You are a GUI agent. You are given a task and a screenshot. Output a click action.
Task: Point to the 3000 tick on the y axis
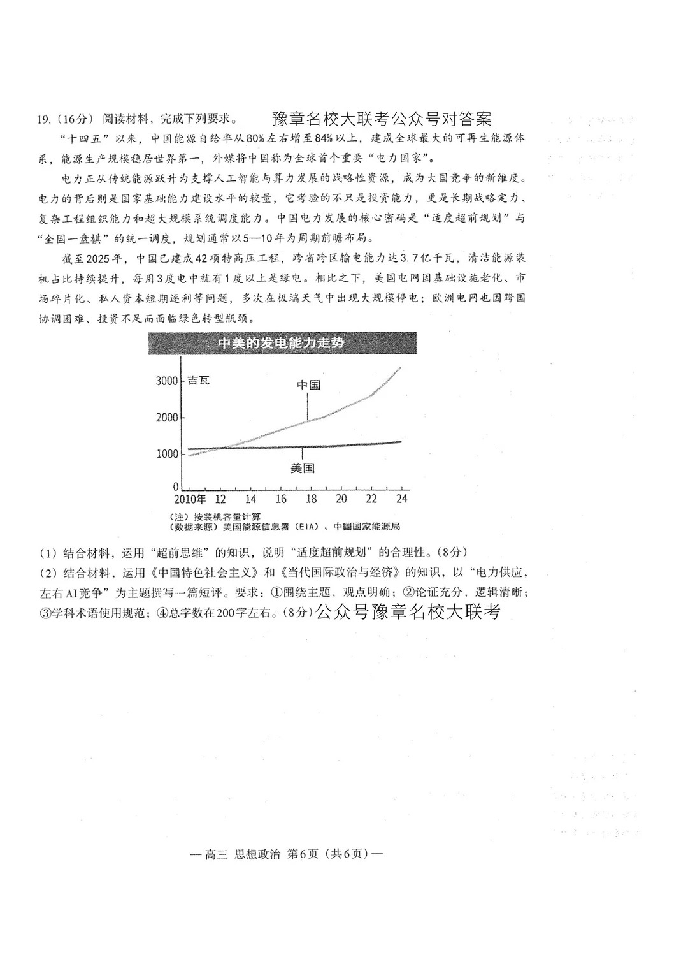click(x=166, y=381)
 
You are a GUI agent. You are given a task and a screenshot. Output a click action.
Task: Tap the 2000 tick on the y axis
click(x=166, y=418)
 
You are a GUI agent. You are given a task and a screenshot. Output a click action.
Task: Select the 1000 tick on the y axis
click(x=166, y=454)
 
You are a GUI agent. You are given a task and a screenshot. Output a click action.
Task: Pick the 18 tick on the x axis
click(x=311, y=499)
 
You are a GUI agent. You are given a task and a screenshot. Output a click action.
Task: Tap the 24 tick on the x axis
click(x=401, y=499)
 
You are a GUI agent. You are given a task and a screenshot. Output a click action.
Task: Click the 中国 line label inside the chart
click(x=308, y=385)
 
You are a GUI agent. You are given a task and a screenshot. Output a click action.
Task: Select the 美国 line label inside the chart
click(x=303, y=469)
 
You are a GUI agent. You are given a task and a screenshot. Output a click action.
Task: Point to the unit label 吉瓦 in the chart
click(x=198, y=381)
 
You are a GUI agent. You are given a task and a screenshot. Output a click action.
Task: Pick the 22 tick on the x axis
click(x=371, y=499)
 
